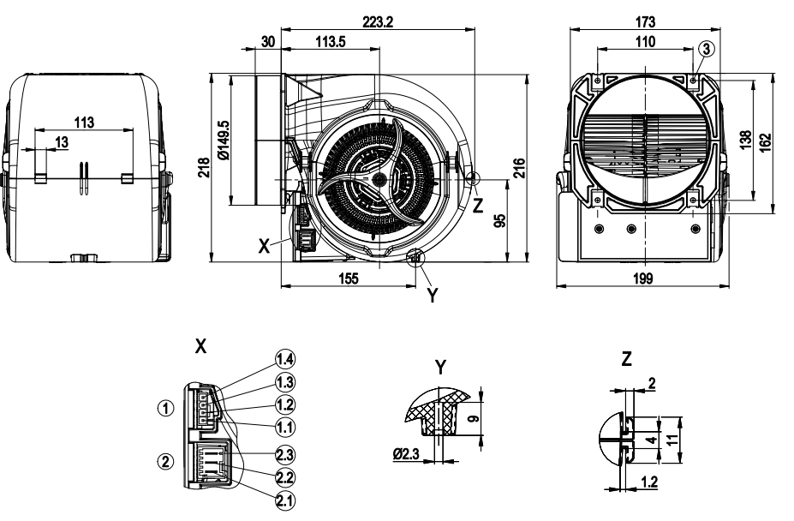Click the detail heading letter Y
click(439, 368)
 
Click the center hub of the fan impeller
click(378, 178)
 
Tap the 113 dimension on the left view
click(84, 122)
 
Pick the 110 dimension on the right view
click(645, 43)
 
